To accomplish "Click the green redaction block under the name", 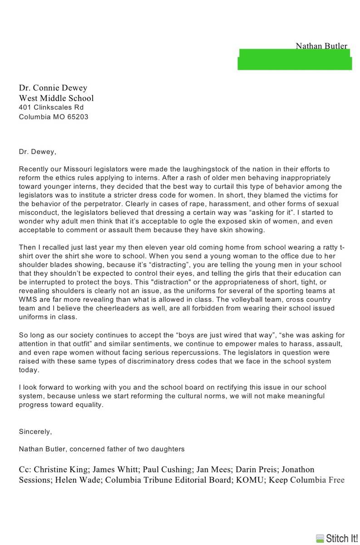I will click(x=295, y=59).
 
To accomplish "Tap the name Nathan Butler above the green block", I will click(x=321, y=46).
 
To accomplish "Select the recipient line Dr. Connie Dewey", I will click(x=53, y=88).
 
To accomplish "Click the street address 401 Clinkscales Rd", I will click(x=51, y=108).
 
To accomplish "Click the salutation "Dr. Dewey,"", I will click(x=38, y=152).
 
